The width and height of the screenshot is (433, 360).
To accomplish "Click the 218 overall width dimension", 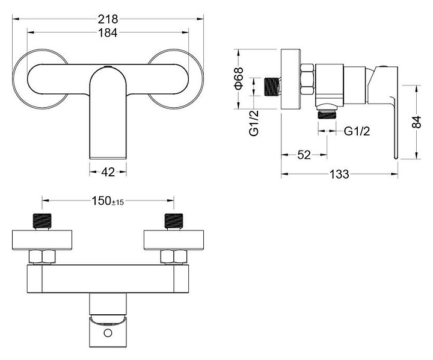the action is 108,19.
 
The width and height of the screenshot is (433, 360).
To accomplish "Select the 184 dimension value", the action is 108,33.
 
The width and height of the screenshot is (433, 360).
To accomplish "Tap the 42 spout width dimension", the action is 108,172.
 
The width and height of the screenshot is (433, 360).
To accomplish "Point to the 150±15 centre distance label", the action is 108,201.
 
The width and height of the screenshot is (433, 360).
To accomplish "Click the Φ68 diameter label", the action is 239,78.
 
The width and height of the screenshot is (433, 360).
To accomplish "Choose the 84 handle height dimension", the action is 416,122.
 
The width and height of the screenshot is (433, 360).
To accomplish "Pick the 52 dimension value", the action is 304,155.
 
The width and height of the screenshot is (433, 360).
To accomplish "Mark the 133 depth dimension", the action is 339,174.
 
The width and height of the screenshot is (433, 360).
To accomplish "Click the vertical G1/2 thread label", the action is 254,123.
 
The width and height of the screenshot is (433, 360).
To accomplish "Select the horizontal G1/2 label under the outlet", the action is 357,131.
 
